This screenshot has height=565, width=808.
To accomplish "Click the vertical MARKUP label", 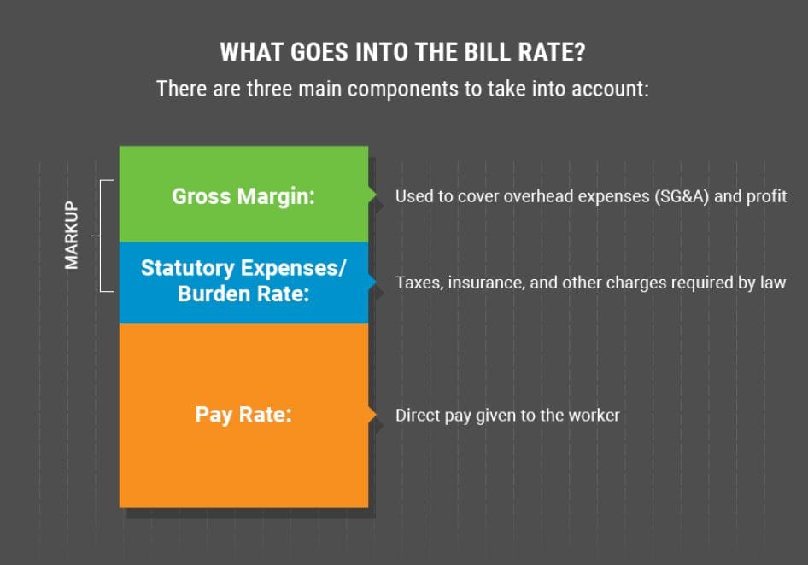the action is pos(71,235).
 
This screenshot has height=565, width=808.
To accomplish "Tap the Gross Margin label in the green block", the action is pos(243,197).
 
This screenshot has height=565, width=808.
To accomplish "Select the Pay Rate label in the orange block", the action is pos(243,415).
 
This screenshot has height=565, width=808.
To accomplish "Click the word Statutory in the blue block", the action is pos(188,268).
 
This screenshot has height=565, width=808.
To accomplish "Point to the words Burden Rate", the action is pos(243,294).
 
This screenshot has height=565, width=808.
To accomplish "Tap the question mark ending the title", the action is pos(579,52).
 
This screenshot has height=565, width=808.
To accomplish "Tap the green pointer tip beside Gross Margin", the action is pos(375,195).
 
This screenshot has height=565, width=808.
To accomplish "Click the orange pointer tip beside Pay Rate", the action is pos(375,415).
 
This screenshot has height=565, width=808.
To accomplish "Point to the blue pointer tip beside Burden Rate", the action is pos(375,281).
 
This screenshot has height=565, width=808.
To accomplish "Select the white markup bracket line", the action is pos(100,236).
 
